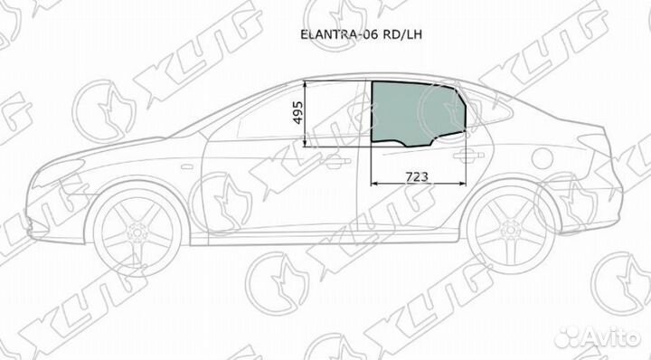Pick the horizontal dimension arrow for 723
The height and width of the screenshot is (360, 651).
(419, 185)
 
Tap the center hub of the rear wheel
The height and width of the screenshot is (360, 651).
(512, 236)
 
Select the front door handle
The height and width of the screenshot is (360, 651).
(336, 162)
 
